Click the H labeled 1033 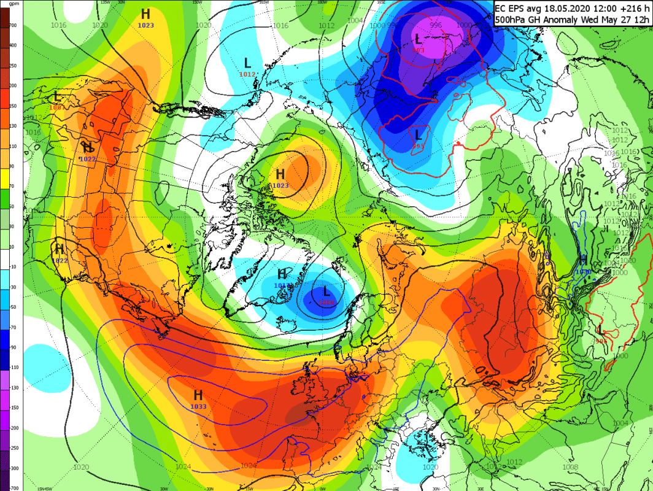coord(198,395)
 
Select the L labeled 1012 coord(247,63)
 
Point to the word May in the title coord(606,20)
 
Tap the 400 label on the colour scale coord(13,45)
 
